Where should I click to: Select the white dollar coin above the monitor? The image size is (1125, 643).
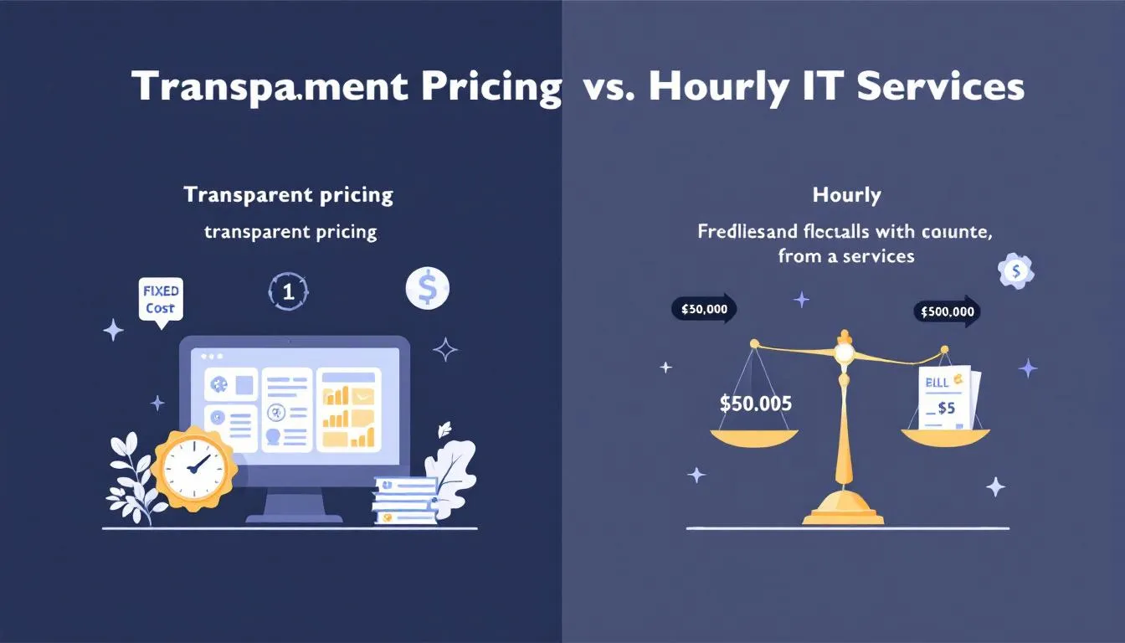(427, 289)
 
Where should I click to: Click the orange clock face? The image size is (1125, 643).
(192, 468)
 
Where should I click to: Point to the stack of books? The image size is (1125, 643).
(406, 501)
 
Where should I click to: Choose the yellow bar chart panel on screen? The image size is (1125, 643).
(350, 409)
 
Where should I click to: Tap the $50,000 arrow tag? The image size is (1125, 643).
(703, 309)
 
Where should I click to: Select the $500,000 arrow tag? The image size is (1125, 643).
(947, 311)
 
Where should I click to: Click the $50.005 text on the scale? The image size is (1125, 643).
(755, 403)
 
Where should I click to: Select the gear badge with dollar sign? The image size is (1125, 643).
(1016, 271)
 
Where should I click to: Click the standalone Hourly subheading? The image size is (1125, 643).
(846, 196)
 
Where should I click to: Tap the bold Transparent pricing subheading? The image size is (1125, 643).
(288, 195)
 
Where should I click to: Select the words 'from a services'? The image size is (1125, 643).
(845, 256)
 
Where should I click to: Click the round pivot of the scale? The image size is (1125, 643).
(844, 353)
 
